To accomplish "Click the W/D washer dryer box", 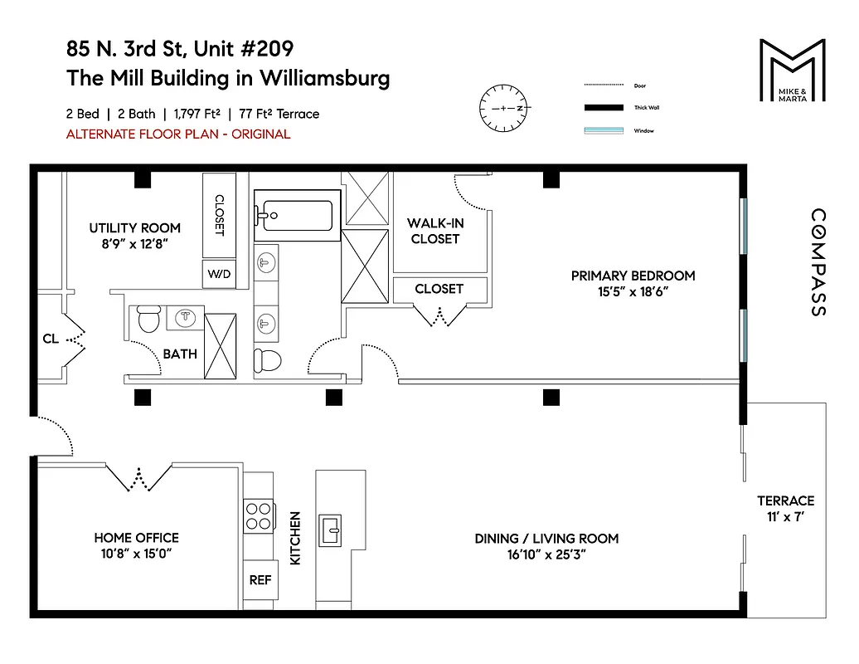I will tap(219, 273).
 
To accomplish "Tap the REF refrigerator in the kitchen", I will tap(260, 580).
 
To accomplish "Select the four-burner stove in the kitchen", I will tap(259, 515).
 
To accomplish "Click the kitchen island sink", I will tap(332, 529).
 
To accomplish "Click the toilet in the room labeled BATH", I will tap(148, 319).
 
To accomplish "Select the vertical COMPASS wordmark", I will tap(817, 261).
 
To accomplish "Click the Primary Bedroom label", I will tap(633, 276).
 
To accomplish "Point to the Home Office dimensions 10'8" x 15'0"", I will tap(136, 553).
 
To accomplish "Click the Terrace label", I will tap(785, 500).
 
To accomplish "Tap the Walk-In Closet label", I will tap(434, 231).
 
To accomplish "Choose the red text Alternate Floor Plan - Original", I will tap(178, 134).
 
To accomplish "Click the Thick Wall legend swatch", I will tap(602, 108).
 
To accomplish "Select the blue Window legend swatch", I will tap(602, 130).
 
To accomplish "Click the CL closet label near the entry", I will tap(51, 339).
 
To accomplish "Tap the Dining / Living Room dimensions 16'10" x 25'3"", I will tap(546, 554).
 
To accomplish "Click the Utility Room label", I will tap(134, 228).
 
